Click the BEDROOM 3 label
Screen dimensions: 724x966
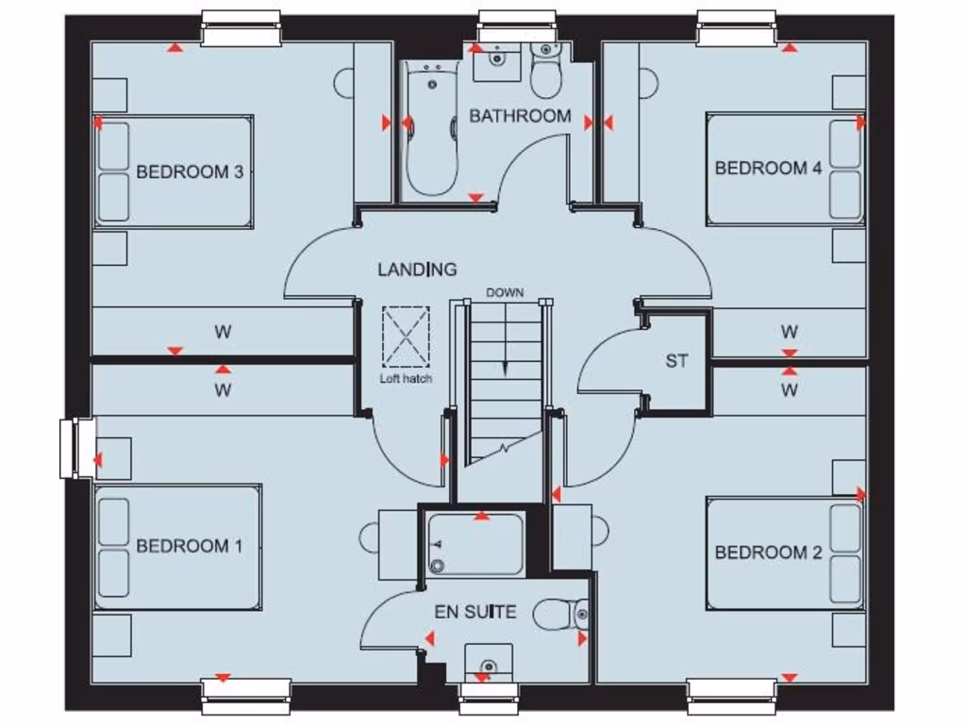tap(190, 173)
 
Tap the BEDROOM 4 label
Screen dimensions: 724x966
tap(768, 169)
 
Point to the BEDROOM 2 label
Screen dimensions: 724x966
tap(768, 552)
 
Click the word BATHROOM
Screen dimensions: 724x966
tap(520, 116)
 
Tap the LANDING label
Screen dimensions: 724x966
tap(417, 270)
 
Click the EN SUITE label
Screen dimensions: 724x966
tap(475, 612)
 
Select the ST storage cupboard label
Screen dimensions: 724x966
tap(676, 361)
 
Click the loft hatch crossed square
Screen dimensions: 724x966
tap(407, 337)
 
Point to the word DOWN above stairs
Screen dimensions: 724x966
tap(505, 293)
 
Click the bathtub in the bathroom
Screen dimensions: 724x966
tap(432, 127)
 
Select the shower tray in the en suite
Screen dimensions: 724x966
tap(475, 544)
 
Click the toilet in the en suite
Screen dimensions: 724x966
tap(561, 616)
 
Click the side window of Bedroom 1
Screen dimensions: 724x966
tap(74, 449)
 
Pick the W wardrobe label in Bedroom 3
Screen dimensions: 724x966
tap(223, 332)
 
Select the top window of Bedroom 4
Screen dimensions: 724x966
tap(737, 29)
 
